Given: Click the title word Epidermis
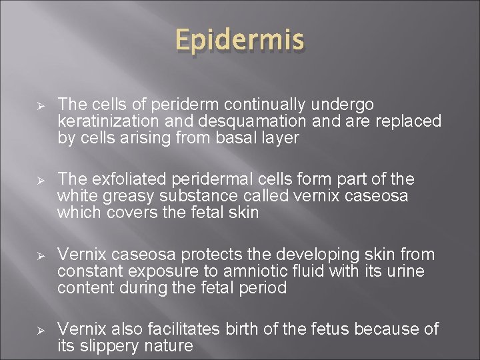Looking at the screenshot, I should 240,42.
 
